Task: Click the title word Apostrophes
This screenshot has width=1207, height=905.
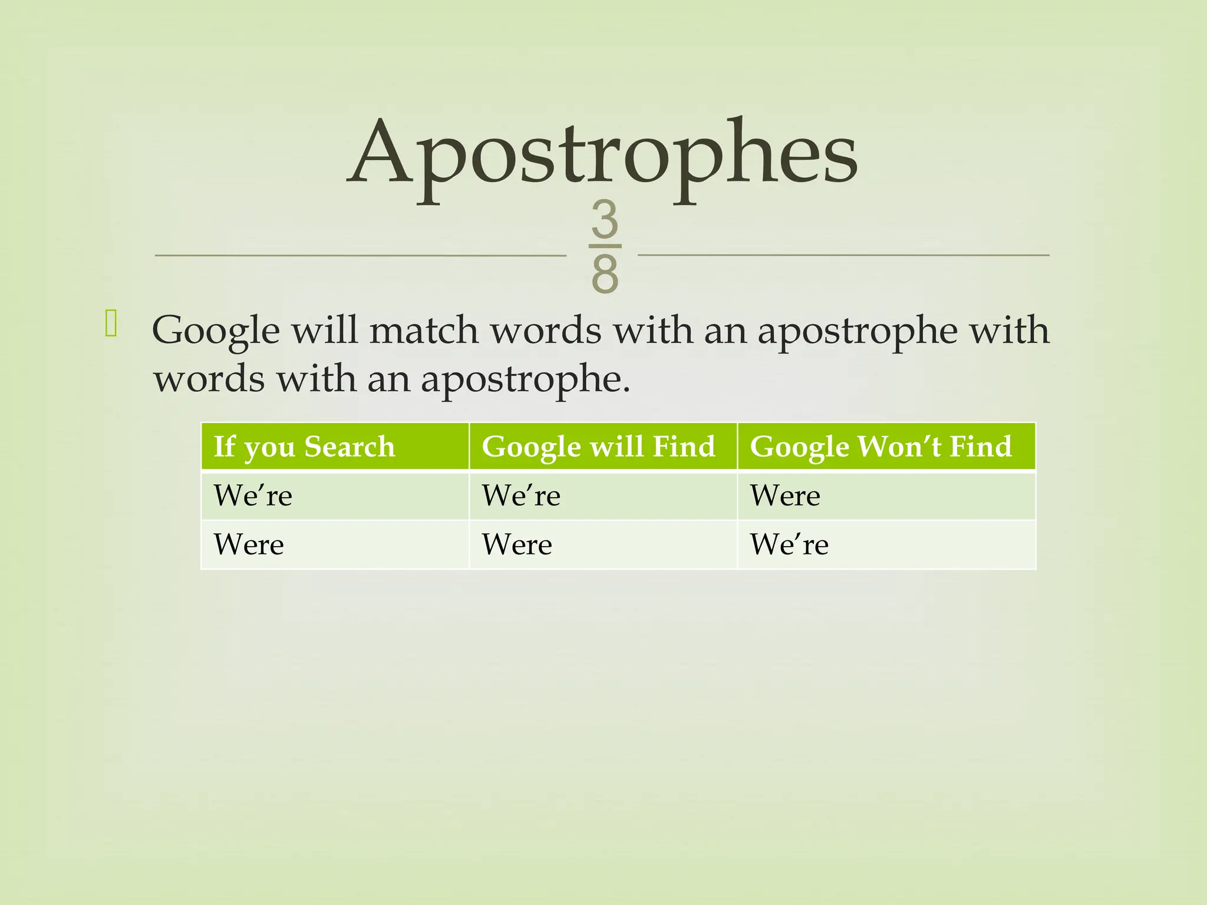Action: tap(602, 154)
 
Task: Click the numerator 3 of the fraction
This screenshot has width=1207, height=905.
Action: tap(605, 219)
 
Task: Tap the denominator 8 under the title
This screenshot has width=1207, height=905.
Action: tap(605, 275)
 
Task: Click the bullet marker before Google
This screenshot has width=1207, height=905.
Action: tap(111, 325)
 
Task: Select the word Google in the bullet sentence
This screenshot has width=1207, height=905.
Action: tap(216, 331)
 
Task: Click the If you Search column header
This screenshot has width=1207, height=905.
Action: tap(304, 447)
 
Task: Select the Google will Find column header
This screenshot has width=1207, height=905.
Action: tap(598, 447)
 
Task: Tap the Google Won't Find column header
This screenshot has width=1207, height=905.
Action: tap(880, 447)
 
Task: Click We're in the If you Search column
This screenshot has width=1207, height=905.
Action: tap(253, 496)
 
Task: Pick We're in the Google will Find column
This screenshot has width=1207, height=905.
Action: tap(521, 496)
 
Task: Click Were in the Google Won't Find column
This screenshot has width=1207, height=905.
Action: tap(784, 496)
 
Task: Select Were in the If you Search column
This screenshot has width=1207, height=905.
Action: tap(249, 544)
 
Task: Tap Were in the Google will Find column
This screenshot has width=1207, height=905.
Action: tap(517, 544)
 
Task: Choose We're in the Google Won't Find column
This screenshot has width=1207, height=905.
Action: tap(789, 544)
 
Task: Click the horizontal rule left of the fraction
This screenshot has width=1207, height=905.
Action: tap(360, 256)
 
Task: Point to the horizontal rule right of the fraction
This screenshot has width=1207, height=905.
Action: tap(843, 255)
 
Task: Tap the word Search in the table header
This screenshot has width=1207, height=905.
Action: tap(349, 447)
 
